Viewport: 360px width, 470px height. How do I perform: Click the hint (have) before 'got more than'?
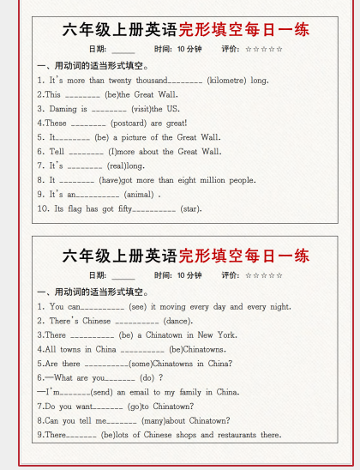111,180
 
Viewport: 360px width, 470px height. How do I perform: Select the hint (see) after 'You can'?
140,306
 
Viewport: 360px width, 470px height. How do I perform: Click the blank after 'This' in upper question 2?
82,94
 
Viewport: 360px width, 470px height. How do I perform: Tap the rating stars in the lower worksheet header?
264,275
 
